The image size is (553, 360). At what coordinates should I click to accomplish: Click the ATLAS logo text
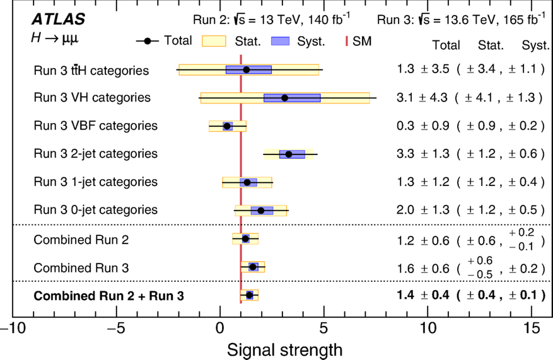(59, 20)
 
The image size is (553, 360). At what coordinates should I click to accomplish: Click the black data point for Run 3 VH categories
(284, 98)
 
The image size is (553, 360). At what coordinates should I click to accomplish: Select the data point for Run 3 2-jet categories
(289, 154)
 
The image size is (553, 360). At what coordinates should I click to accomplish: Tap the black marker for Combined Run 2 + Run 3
(249, 295)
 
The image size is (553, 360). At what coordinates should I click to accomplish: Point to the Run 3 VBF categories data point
(227, 126)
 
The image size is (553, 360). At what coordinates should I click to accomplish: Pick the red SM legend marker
(347, 42)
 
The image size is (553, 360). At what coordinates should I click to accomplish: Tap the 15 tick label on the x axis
(532, 329)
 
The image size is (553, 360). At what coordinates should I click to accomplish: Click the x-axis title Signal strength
(284, 349)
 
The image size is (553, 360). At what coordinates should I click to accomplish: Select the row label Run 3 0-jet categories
(96, 209)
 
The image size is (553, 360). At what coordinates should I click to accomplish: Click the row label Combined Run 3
(81, 268)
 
